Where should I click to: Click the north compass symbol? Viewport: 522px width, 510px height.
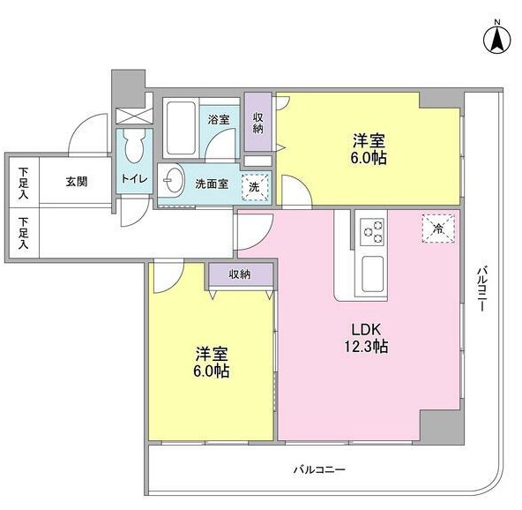496,38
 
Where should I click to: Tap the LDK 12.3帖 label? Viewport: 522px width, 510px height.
366,338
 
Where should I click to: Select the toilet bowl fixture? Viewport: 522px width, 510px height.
134,146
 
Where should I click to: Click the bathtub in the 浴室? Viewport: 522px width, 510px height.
181,128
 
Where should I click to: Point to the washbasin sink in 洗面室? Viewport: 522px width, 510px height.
175,180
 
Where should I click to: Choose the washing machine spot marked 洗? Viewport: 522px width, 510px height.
255,187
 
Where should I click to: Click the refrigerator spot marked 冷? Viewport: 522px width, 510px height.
438,229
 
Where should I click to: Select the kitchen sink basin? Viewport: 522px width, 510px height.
372,274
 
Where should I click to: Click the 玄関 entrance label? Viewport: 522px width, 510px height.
76,182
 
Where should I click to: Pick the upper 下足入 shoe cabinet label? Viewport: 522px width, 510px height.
23,184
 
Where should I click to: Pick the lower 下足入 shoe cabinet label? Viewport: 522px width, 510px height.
23,233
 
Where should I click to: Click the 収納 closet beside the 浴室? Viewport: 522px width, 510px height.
258,123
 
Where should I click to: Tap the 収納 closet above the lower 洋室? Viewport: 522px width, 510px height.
241,274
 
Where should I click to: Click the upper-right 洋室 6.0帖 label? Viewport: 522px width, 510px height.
369,149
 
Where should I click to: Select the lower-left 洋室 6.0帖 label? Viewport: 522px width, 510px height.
212,362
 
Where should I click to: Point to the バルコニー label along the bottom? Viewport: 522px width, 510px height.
319,469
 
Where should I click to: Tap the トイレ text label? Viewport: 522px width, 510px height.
134,179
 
